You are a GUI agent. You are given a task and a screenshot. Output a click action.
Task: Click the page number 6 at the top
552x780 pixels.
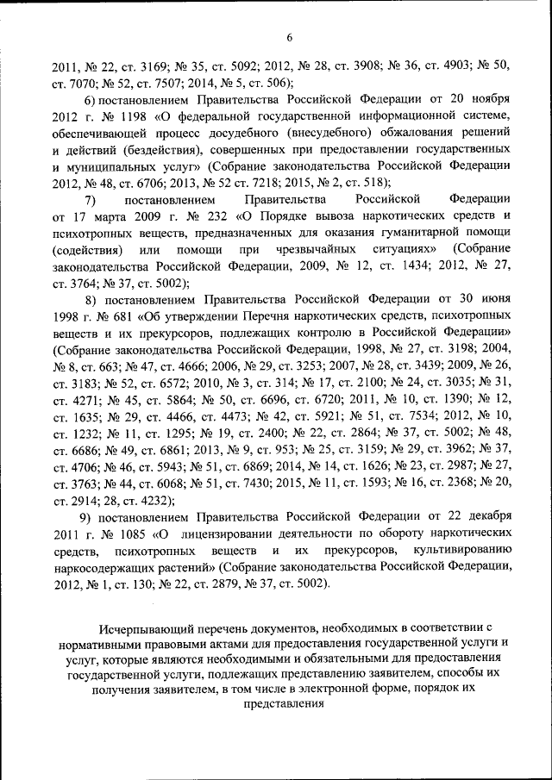(290, 37)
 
